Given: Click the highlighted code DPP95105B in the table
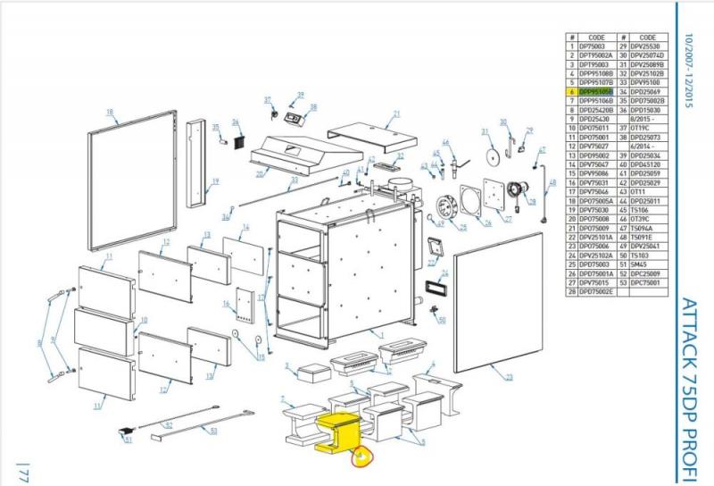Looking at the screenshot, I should pyautogui.click(x=596, y=91).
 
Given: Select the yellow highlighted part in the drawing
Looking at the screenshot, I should pyautogui.click(x=337, y=428).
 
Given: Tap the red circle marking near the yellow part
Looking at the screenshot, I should pyautogui.click(x=363, y=458).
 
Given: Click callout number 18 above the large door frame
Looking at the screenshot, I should pyautogui.click(x=111, y=112).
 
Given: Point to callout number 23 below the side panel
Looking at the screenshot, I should pyautogui.click(x=509, y=378).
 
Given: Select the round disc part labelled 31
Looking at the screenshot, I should pyautogui.click(x=490, y=154).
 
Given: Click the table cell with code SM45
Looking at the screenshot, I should pyautogui.click(x=642, y=264).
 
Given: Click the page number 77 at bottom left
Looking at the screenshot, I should pyautogui.click(x=25, y=473).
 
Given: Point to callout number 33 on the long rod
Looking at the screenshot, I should pyautogui.click(x=294, y=180).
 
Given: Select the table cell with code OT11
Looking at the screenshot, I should pyautogui.click(x=642, y=191).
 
